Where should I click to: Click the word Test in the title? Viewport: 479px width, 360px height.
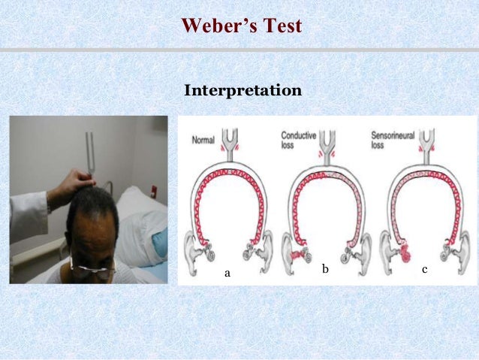tap(283, 26)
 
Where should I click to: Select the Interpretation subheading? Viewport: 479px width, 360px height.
tap(243, 91)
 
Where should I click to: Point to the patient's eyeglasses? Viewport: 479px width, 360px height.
tap(93, 265)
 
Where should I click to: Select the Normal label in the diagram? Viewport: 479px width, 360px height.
tap(203, 140)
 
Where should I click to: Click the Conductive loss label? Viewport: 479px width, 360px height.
tap(298, 140)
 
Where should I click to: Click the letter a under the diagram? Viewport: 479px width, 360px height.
tap(227, 274)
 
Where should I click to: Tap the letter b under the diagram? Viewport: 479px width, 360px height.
tap(324, 268)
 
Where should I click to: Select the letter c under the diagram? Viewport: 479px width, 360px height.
tap(425, 268)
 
